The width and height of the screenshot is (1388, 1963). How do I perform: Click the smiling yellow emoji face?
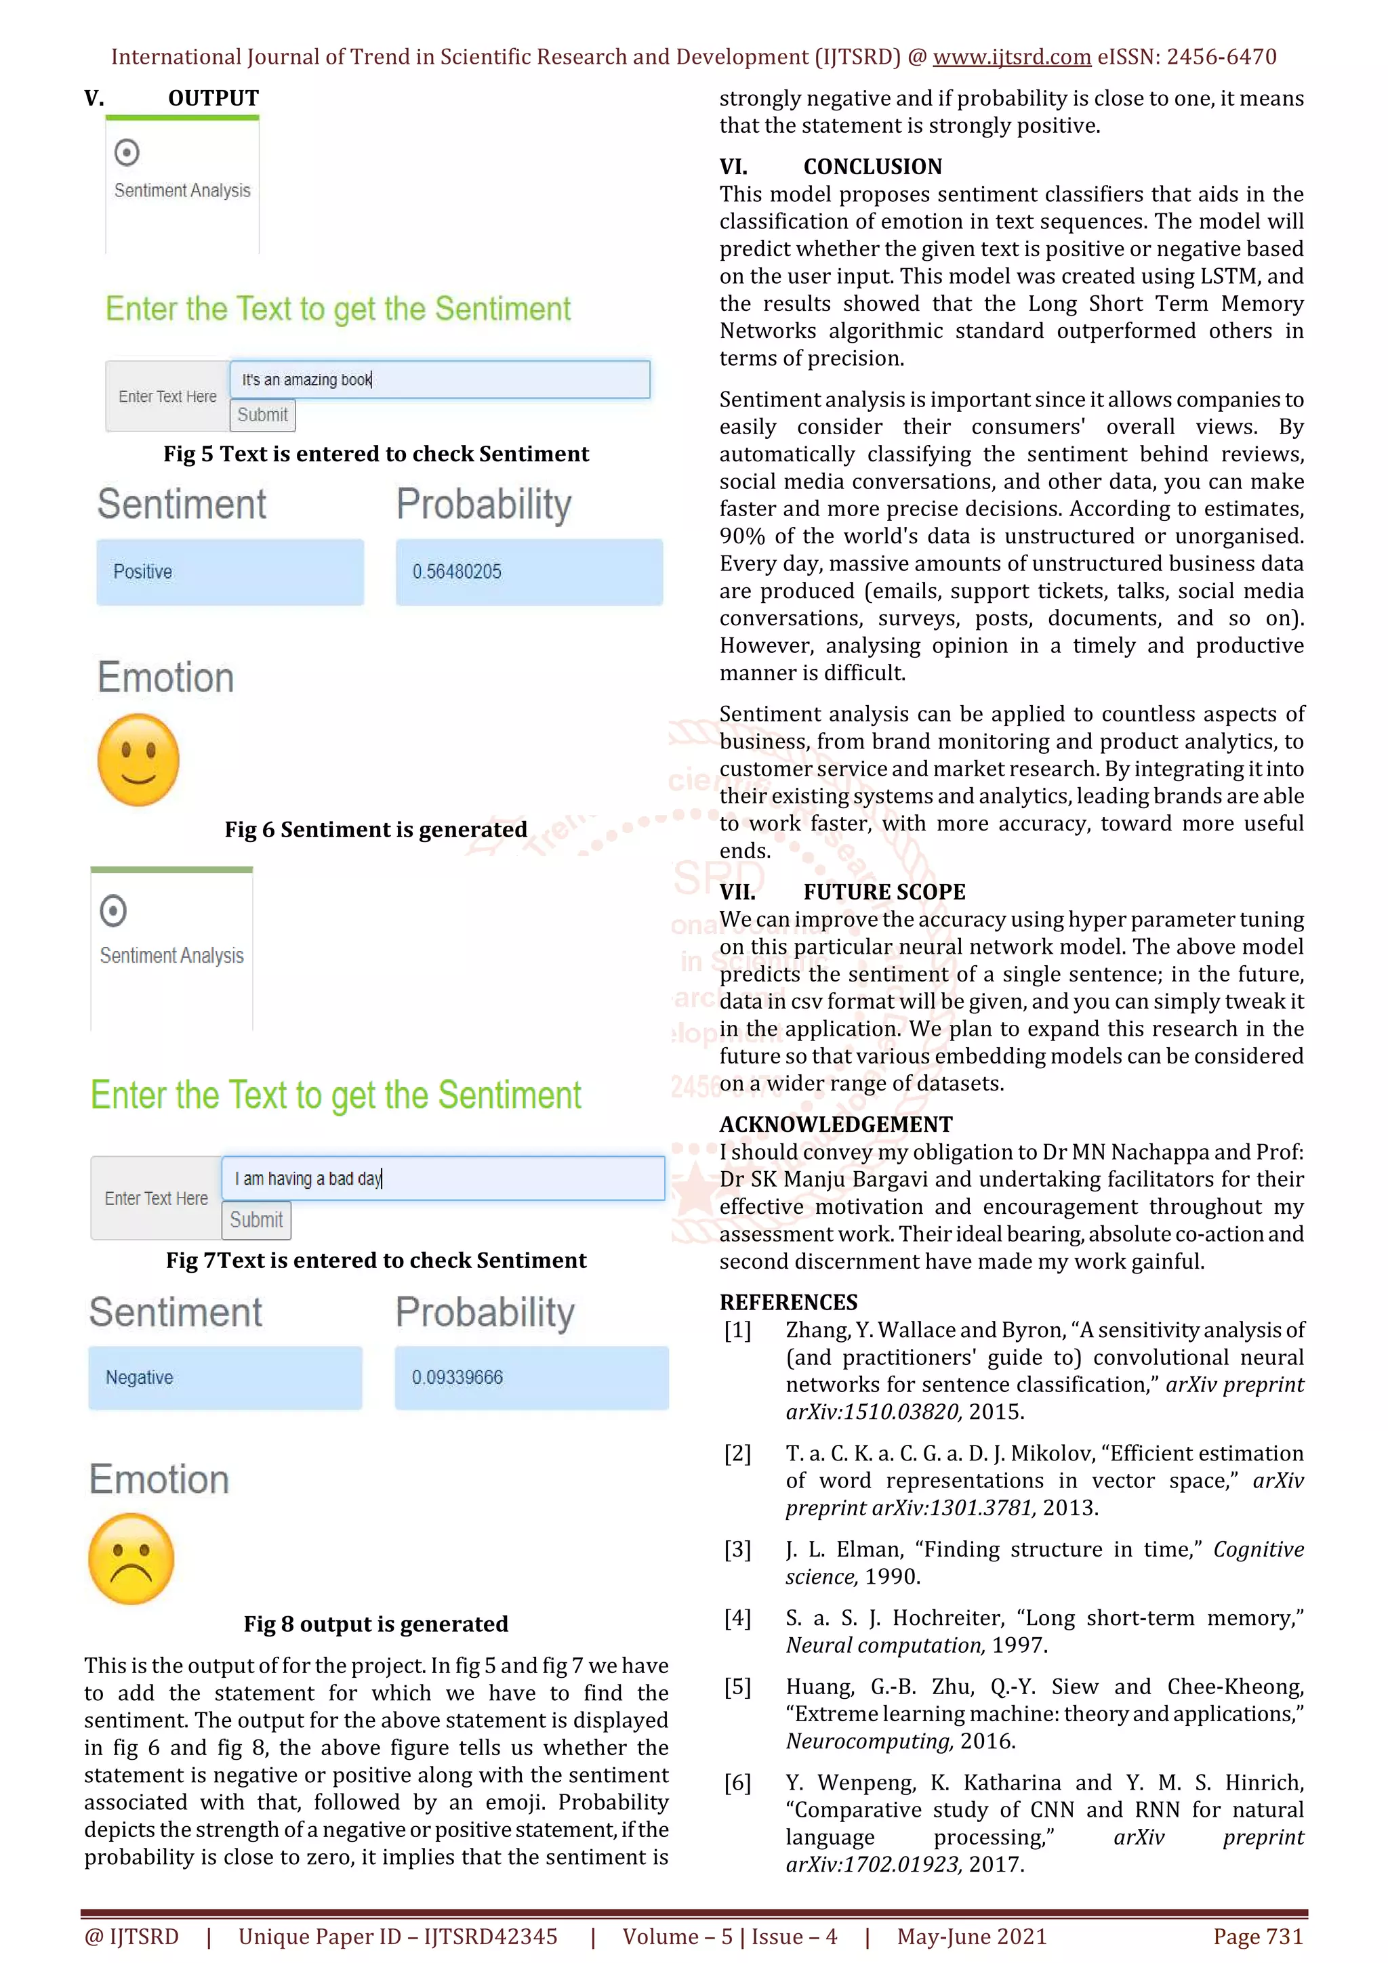tap(138, 760)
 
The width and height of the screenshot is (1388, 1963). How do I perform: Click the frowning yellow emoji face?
tap(131, 1559)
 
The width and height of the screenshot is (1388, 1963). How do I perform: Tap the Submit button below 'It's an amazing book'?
tap(262, 415)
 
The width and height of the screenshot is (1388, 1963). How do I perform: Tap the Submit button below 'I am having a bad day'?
tap(256, 1220)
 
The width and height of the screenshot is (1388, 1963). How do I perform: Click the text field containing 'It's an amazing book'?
tap(440, 379)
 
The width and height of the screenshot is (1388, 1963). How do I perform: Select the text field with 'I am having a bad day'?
tap(442, 1178)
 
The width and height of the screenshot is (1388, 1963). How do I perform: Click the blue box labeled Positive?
tap(230, 572)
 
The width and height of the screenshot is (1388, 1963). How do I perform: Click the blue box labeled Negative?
tap(225, 1377)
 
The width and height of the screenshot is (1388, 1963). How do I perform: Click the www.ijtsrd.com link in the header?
tap(1011, 58)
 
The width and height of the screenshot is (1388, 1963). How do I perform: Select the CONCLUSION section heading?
tap(872, 167)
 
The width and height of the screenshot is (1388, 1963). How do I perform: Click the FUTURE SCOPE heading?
tap(884, 891)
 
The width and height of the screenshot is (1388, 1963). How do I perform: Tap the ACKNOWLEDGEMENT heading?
tap(836, 1124)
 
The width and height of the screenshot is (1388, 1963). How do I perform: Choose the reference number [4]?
tap(737, 1618)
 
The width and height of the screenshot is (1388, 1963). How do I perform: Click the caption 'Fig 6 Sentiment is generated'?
tap(375, 829)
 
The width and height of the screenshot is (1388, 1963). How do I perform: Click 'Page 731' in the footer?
tap(1257, 1937)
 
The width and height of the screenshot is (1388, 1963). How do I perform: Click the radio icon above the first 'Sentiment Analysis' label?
tap(127, 152)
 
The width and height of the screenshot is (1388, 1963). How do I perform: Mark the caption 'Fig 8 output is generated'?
tap(375, 1624)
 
